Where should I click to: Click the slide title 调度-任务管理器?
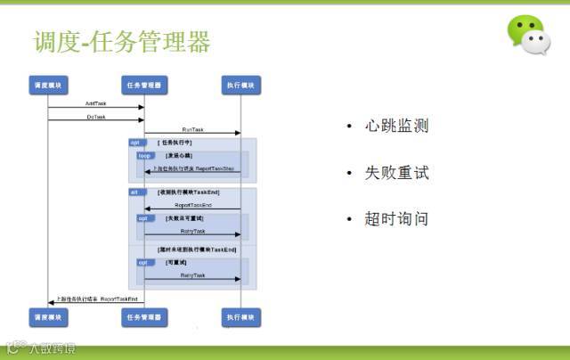coord(122,42)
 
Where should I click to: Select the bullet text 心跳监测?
coord(396,126)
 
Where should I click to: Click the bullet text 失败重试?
coord(396,172)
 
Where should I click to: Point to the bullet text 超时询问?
coord(396,218)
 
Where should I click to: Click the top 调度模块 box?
coord(48,86)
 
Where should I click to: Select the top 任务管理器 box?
coord(144,86)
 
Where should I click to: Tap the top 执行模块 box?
coord(241,86)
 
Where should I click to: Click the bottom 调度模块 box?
coord(48,317)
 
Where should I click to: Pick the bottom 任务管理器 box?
coord(144,317)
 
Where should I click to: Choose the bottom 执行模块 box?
coord(241,317)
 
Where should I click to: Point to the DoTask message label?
coord(96,116)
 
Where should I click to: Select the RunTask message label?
coord(193,129)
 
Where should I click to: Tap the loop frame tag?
coord(144,155)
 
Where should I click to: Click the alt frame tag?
coord(134,192)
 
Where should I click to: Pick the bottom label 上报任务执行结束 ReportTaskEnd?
coord(96,299)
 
